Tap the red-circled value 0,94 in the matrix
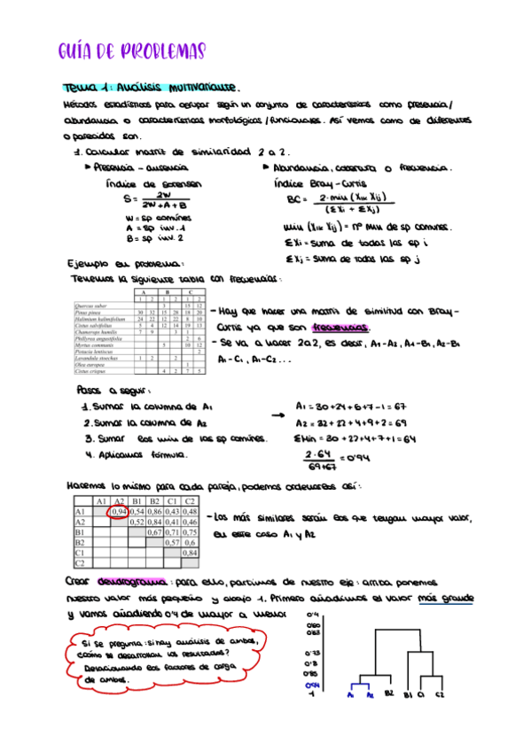coord(117,512)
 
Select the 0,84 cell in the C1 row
coord(189,552)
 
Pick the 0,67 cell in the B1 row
coord(153,532)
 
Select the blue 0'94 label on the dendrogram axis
coord(311,685)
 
